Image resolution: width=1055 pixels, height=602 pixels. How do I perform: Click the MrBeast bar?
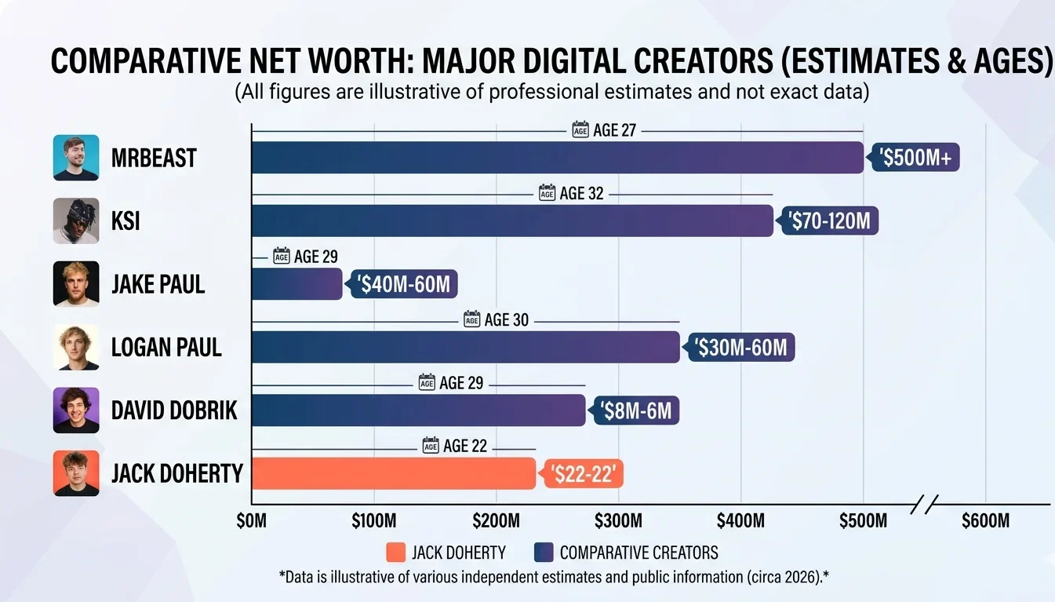(x=557, y=158)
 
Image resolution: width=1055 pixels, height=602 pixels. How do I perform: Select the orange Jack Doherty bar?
(x=393, y=473)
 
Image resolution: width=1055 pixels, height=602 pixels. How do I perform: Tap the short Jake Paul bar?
(x=296, y=283)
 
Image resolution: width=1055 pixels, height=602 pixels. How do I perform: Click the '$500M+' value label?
(x=915, y=158)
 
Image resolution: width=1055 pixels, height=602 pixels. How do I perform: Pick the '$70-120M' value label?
(x=829, y=221)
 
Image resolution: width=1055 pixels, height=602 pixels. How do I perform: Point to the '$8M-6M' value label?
(x=636, y=410)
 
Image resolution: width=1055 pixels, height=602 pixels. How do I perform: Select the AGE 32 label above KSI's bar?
(x=572, y=193)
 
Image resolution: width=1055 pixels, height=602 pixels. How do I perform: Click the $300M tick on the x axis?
(x=618, y=521)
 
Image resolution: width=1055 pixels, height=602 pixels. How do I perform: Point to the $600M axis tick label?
(x=985, y=521)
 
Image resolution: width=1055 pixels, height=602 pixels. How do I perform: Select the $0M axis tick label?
(x=251, y=521)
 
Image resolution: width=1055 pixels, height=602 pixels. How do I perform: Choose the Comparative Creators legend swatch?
(x=543, y=553)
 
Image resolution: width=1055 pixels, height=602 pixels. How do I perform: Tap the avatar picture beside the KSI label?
(x=76, y=221)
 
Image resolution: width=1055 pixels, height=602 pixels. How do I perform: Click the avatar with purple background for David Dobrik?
(x=76, y=410)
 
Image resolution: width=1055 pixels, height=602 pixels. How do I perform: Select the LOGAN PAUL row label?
(x=166, y=347)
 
